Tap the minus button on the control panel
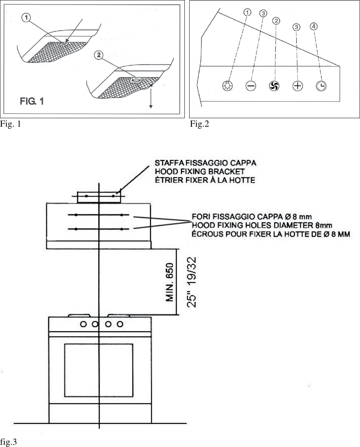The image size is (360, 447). pos(251,86)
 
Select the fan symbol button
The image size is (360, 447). pos(274,86)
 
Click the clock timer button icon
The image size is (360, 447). pos(321,86)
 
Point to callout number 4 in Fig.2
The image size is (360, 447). pos(313,27)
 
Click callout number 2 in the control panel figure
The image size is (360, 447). pos(276,20)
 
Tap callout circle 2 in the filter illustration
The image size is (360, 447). pos(98,56)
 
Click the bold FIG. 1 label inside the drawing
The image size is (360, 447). pos(32,101)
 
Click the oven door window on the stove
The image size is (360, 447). pos(98,370)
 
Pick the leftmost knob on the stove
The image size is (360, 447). pos(84,324)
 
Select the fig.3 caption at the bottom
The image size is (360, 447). pos(8,441)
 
